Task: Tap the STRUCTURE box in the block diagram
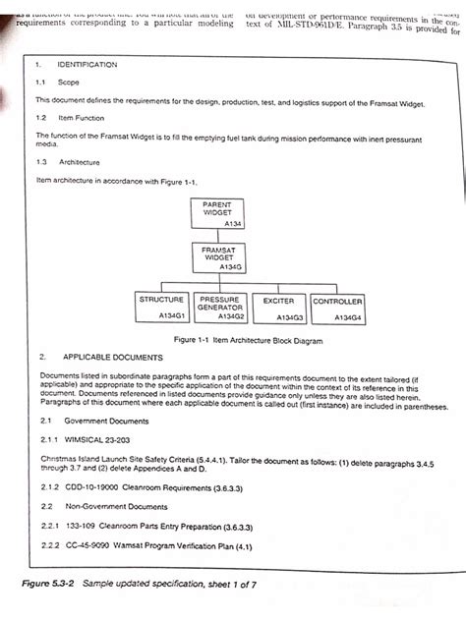(161, 307)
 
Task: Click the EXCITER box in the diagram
(278, 307)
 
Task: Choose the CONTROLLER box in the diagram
(337, 307)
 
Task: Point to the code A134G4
(347, 317)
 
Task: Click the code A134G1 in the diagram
(172, 316)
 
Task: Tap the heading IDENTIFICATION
(87, 64)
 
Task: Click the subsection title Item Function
(82, 117)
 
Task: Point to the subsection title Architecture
(78, 161)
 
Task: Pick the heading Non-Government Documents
(111, 506)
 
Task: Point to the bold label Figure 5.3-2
(50, 585)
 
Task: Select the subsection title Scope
(69, 83)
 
